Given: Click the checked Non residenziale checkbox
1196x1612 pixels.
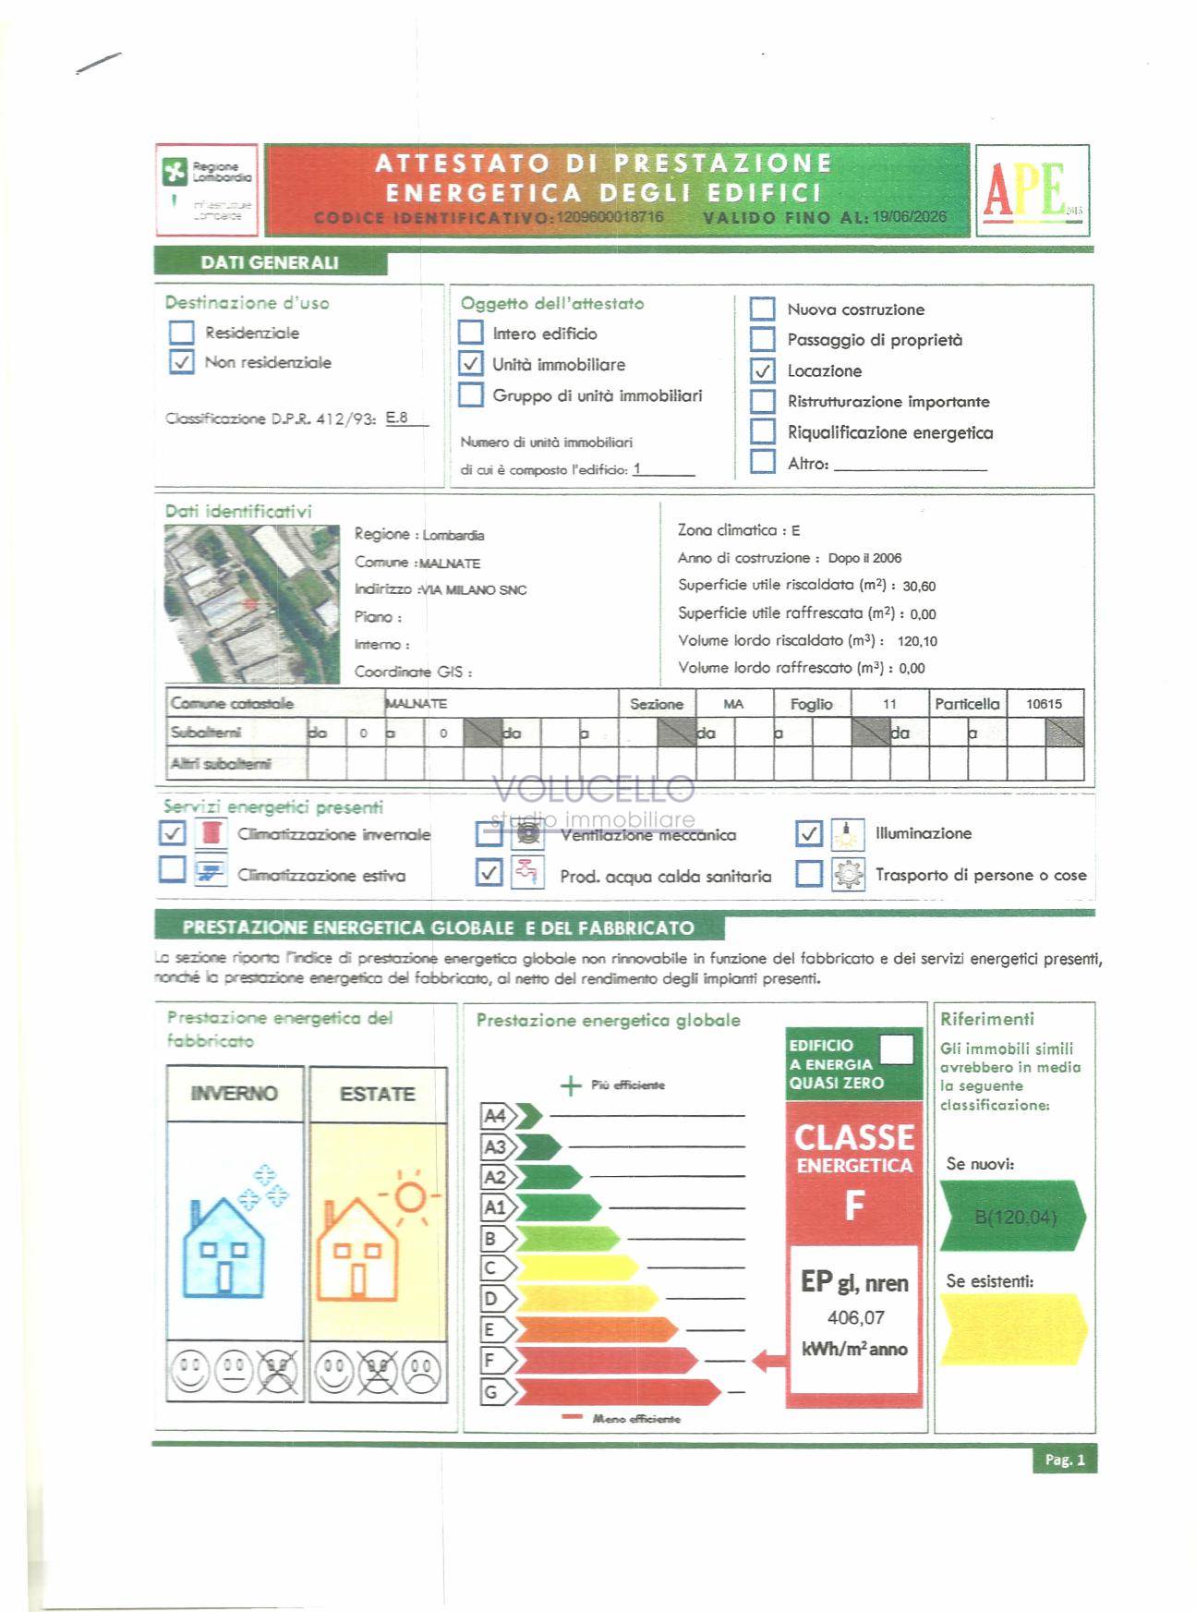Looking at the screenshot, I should pyautogui.click(x=182, y=362).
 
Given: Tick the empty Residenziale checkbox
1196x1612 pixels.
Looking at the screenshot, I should pyautogui.click(x=182, y=333).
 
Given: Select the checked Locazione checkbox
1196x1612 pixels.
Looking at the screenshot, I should pyautogui.click(x=762, y=371).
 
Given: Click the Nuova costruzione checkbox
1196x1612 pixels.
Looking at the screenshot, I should pyautogui.click(x=762, y=309).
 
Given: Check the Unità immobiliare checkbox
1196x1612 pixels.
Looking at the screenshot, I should pyautogui.click(x=471, y=364).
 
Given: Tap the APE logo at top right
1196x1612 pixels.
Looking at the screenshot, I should pyautogui.click(x=1033, y=190).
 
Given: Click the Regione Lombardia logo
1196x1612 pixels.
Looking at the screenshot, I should pyautogui.click(x=207, y=189).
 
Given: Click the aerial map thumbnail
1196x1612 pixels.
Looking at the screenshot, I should pyautogui.click(x=251, y=603).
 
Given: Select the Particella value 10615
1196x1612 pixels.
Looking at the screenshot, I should pyautogui.click(x=1044, y=704).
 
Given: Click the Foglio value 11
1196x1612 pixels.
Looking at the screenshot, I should pyautogui.click(x=889, y=704).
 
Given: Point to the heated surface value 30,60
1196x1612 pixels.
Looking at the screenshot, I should pyautogui.click(x=919, y=586).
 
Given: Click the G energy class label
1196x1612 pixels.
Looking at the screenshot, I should pyautogui.click(x=491, y=1392).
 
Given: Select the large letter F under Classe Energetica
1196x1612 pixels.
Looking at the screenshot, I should pyautogui.click(x=854, y=1206).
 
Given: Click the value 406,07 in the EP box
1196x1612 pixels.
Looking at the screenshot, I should pyautogui.click(x=855, y=1317).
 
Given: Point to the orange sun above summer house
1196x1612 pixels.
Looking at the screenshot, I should pyautogui.click(x=409, y=1197).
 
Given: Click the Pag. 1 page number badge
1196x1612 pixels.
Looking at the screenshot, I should pyautogui.click(x=1064, y=1460).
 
